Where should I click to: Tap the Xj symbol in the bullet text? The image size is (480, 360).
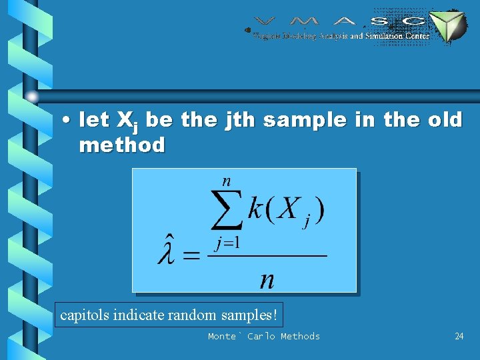pyautogui.click(x=127, y=121)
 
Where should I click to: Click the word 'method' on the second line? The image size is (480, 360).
pyautogui.click(x=122, y=145)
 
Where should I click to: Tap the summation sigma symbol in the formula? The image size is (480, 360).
pyautogui.click(x=227, y=211)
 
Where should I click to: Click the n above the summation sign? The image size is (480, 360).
pyautogui.click(x=227, y=180)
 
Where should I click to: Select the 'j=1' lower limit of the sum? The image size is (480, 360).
pyautogui.click(x=227, y=243)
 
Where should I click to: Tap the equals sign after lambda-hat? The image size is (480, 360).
pyautogui.click(x=191, y=256)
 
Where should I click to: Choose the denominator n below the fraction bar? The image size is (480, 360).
pyautogui.click(x=267, y=279)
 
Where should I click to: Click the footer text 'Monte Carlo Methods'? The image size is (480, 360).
pyautogui.click(x=264, y=337)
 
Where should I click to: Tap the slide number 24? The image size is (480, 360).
pyautogui.click(x=459, y=337)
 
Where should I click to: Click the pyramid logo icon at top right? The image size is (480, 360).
pyautogui.click(x=447, y=27)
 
